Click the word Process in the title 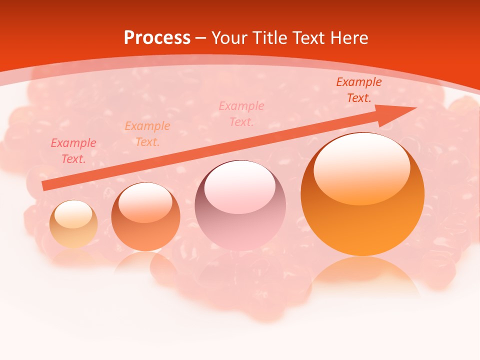(x=157, y=38)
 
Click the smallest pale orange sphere (x=73, y=224)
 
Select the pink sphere (x=240, y=205)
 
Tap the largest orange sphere (x=362, y=194)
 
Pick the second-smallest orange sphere (x=145, y=216)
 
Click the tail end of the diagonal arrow (x=45, y=186)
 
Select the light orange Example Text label (x=147, y=134)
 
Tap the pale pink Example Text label (x=241, y=114)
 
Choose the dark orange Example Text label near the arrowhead (x=359, y=90)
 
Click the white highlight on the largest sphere (x=362, y=167)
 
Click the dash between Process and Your (x=201, y=38)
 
